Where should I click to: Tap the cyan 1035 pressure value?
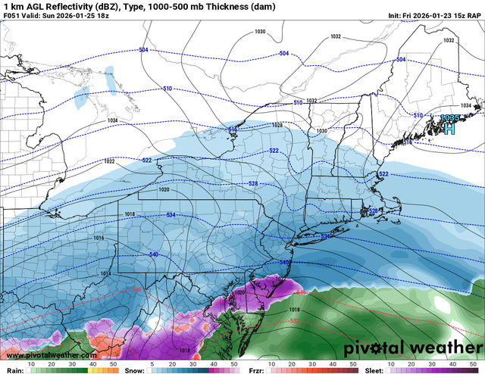click(x=449, y=118)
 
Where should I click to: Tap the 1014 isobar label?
click(x=105, y=273)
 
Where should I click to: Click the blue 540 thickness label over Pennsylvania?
click(x=155, y=254)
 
